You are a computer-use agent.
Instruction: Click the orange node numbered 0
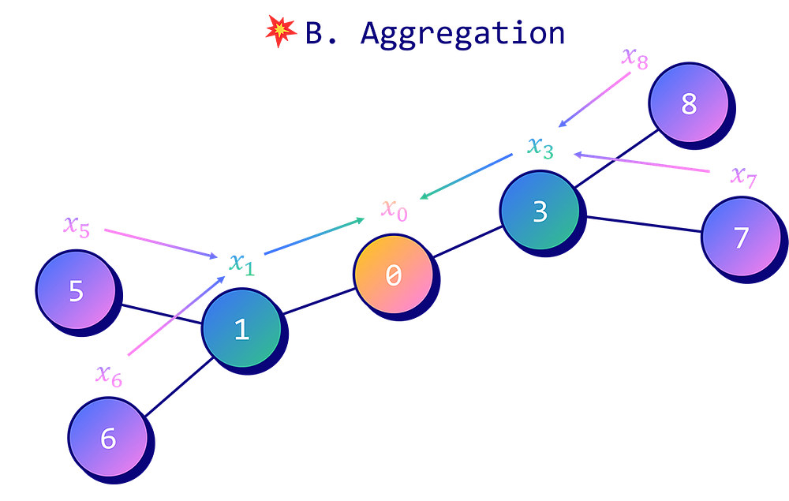pos(393,275)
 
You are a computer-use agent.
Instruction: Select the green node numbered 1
pos(241,328)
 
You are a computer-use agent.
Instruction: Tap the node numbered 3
pos(540,211)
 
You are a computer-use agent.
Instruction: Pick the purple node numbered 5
pos(76,291)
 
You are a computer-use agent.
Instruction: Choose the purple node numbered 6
pos(108,438)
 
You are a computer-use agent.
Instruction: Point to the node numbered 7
pos(741,237)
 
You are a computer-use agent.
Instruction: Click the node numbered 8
pos(688,104)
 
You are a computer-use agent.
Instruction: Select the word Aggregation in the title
pos(462,34)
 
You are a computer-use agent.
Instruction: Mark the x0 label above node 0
pos(394,209)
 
